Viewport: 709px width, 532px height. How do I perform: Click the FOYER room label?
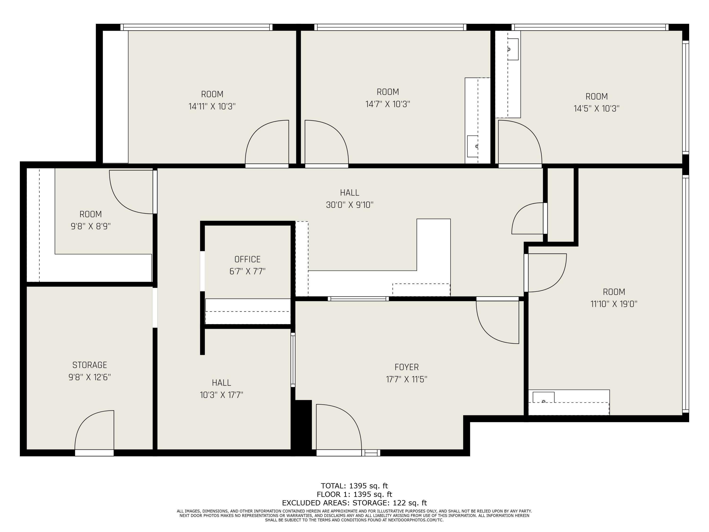click(406, 367)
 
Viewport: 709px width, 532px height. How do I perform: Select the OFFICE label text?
click(247, 259)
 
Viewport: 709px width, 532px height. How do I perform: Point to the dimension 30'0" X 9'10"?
click(350, 205)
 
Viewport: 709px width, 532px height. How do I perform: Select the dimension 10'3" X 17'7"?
click(221, 395)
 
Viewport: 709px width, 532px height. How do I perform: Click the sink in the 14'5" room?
click(513, 49)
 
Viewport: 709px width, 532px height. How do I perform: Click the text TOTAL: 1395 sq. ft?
click(354, 486)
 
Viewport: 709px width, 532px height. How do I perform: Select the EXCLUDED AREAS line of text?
click(354, 503)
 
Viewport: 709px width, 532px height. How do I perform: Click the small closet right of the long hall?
click(561, 205)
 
